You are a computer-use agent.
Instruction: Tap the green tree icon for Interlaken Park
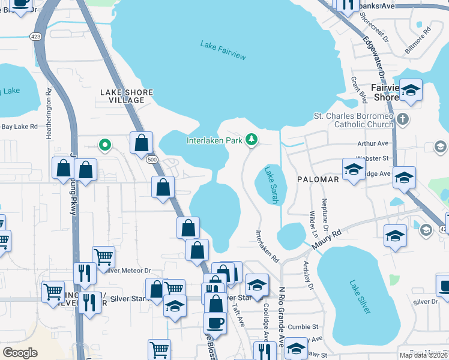coord(252,140)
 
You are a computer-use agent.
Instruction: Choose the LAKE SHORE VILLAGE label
coord(122,96)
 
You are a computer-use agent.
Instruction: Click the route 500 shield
coord(151,159)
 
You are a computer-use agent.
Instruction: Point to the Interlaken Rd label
coord(267,247)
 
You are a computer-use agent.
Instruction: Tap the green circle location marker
coord(104,145)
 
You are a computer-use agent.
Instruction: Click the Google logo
coord(20,353)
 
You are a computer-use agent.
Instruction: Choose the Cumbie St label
coord(302,327)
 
